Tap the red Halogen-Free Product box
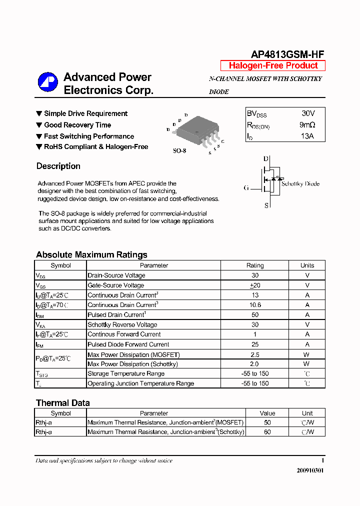(x=273, y=65)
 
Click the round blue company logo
(x=48, y=82)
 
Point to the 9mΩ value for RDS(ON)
(x=307, y=125)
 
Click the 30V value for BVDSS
(x=308, y=113)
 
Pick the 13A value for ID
(x=307, y=136)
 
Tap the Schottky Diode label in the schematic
(x=300, y=183)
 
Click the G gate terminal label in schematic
(x=246, y=188)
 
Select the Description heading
(x=58, y=166)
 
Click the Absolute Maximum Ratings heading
(x=91, y=254)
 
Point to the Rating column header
(x=255, y=265)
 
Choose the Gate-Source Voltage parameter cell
(x=116, y=285)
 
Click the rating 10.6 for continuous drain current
(x=255, y=304)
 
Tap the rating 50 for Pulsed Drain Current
(x=255, y=314)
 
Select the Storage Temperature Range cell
(x=126, y=373)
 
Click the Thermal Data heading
(x=63, y=402)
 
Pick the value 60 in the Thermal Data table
(x=267, y=431)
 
